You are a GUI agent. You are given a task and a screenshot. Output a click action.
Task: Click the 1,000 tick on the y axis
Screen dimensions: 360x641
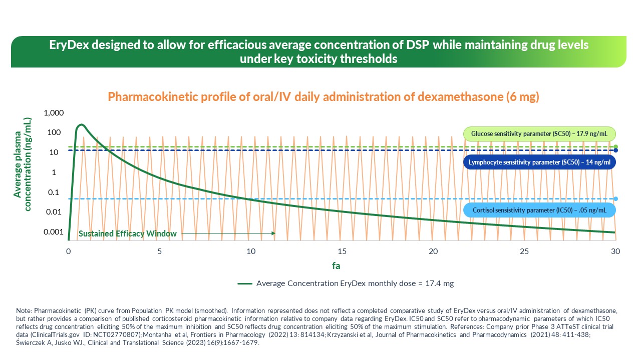pos(54,113)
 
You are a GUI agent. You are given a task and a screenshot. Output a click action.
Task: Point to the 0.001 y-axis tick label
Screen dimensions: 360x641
pos(54,232)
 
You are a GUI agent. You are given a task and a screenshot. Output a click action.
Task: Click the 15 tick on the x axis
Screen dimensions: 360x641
pos(342,251)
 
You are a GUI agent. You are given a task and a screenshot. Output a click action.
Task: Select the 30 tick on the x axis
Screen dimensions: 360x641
pos(615,251)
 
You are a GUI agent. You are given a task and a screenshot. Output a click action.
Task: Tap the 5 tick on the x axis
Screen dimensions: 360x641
pos(160,251)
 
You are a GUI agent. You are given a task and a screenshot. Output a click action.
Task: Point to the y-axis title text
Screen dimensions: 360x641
pos(22,164)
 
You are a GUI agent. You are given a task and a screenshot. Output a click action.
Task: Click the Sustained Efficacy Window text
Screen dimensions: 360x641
pos(128,233)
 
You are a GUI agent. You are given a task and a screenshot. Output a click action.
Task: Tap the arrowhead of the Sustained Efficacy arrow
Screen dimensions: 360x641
pos(273,233)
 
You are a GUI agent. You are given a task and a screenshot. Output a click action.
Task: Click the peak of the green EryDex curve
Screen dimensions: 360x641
pos(81,124)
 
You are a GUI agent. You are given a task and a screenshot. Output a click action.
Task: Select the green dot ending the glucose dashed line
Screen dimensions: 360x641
pos(615,147)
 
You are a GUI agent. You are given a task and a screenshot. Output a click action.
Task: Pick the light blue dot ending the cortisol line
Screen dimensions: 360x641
pos(615,198)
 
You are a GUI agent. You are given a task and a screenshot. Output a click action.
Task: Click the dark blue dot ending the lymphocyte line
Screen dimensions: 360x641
pos(615,150)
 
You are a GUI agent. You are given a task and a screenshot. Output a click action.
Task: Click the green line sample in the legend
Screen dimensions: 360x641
pos(244,283)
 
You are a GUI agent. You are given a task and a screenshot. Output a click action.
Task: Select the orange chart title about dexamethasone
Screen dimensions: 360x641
pos(324,96)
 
